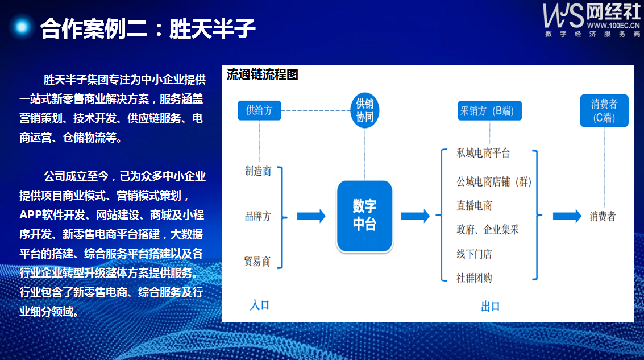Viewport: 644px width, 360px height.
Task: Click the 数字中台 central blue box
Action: [365, 216]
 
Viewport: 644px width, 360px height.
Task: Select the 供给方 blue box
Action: [259, 110]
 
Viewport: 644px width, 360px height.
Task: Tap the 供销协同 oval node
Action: [365, 110]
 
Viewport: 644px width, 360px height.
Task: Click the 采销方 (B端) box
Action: [489, 110]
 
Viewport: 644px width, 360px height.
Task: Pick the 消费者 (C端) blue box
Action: [604, 110]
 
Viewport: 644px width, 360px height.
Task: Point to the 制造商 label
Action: [258, 171]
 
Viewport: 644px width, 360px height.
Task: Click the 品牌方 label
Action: [258, 216]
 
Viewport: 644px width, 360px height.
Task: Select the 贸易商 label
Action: [257, 262]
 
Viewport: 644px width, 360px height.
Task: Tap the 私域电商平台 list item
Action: [483, 154]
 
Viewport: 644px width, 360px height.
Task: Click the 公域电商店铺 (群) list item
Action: [494, 181]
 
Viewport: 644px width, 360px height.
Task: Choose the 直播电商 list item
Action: [475, 205]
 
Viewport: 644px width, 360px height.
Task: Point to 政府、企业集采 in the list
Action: [488, 230]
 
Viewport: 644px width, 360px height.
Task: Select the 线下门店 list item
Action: [474, 254]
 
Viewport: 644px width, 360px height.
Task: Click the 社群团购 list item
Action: [474, 278]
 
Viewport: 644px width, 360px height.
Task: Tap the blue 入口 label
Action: [260, 305]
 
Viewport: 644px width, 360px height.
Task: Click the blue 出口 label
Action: [491, 306]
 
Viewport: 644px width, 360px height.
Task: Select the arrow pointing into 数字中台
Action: [311, 216]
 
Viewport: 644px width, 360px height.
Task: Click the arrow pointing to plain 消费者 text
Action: [567, 216]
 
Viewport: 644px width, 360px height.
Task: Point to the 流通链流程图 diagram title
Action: [263, 75]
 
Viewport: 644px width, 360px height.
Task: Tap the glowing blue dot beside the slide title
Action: [22, 27]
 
